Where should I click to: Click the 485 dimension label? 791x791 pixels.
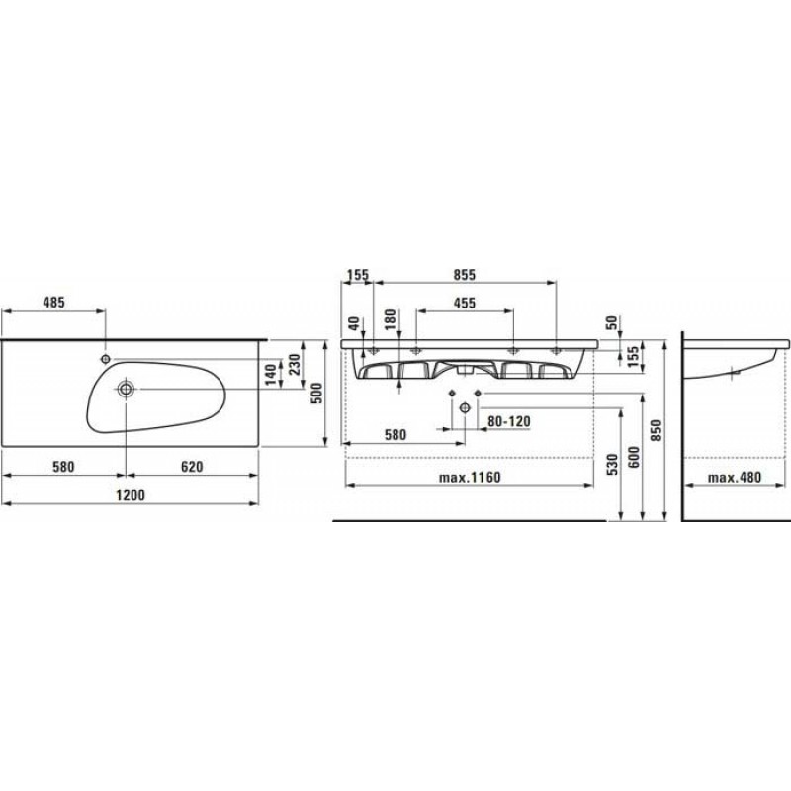(x=54, y=303)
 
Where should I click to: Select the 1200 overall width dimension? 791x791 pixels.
(x=131, y=495)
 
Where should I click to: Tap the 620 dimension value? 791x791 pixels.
(x=192, y=467)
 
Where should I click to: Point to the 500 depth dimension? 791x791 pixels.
(x=316, y=394)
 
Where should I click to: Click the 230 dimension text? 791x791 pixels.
(x=295, y=364)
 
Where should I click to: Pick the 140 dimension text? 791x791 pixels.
(x=271, y=375)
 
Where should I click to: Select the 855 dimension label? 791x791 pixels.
(x=464, y=275)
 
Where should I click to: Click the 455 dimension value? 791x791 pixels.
(x=464, y=303)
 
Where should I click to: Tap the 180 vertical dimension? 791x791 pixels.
(x=391, y=319)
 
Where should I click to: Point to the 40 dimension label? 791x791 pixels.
(x=354, y=323)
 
